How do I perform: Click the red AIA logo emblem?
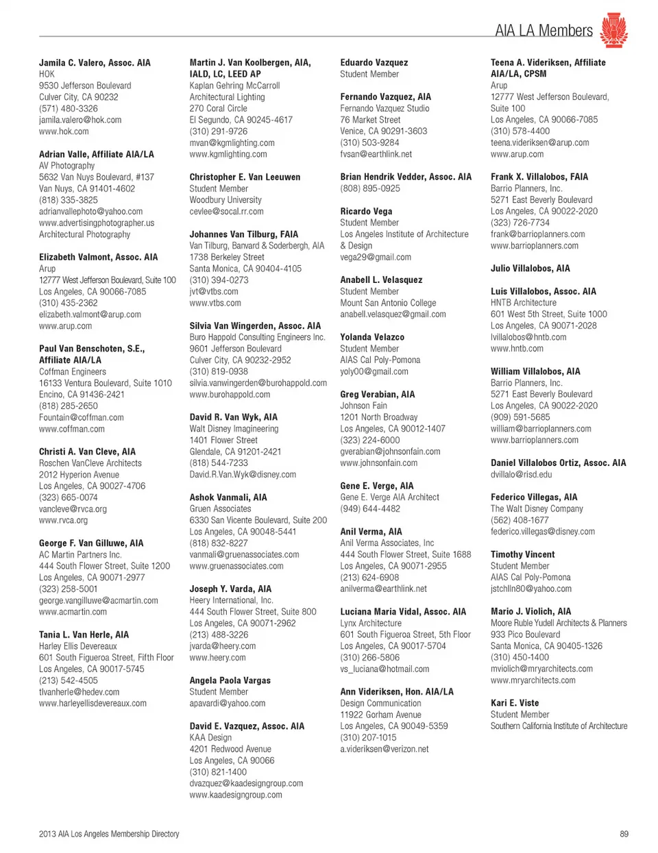point(613,30)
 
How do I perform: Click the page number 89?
point(623,834)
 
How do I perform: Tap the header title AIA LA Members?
point(544,31)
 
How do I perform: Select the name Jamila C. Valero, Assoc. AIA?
point(95,62)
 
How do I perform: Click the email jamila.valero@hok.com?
point(80,120)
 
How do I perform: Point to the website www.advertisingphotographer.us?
point(97,223)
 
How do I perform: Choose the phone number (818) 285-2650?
point(69,406)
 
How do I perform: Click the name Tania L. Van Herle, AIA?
point(84,634)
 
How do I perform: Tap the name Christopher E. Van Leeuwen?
point(245,177)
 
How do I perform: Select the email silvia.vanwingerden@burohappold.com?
point(258,383)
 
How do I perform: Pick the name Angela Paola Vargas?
point(230,680)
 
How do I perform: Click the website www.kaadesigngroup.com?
point(236,795)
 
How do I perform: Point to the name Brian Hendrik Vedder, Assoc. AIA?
point(406,177)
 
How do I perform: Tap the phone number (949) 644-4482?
point(370,508)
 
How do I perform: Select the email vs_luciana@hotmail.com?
point(385,669)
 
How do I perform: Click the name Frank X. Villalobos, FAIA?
point(539,177)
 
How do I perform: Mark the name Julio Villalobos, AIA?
point(530,269)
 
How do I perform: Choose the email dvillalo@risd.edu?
point(521,474)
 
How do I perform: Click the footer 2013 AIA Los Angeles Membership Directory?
point(109,834)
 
